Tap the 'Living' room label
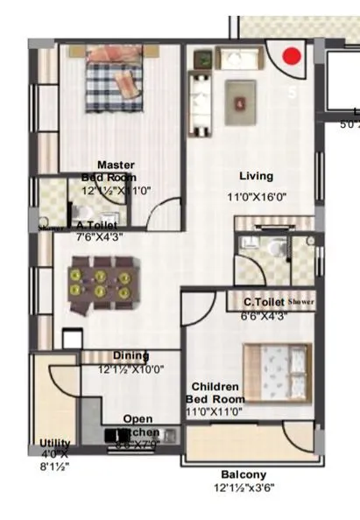pyautogui.click(x=256, y=176)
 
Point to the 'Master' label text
pyautogui.click(x=116, y=165)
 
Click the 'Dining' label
pyautogui.click(x=131, y=355)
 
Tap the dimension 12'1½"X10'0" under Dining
pyautogui.click(x=131, y=369)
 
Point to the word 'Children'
pyautogui.click(x=215, y=386)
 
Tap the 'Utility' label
pyautogui.click(x=55, y=443)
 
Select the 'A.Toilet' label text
pyautogui.click(x=92, y=224)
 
